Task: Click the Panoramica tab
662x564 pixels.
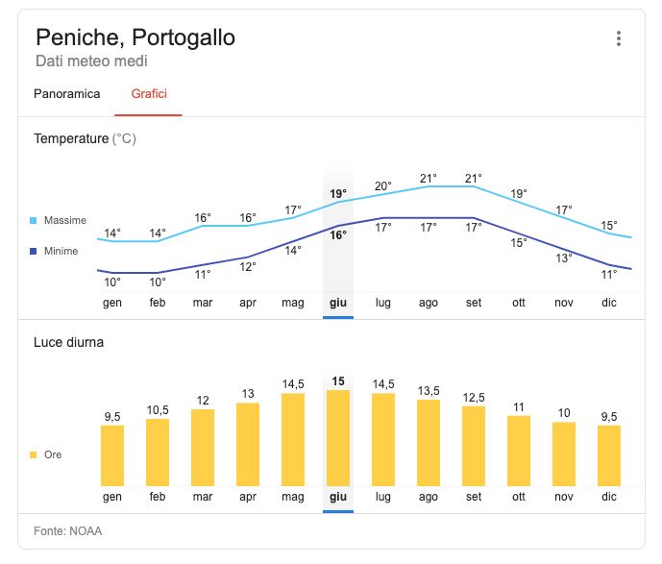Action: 66,94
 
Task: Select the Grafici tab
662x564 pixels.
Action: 148,94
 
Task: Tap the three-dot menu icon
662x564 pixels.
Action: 619,39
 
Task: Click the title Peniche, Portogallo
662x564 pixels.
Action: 135,38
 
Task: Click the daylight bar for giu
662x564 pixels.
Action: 338,438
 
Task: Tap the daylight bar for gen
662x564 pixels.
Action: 112,455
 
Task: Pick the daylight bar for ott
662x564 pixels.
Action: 519,451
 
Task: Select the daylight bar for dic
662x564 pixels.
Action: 609,455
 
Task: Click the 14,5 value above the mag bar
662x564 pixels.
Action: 293,383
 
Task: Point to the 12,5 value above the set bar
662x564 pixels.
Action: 474,397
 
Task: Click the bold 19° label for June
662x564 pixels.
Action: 338,194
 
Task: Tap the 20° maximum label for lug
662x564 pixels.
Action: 383,186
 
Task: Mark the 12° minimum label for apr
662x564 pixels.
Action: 248,267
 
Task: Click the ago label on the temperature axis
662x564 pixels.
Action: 429,303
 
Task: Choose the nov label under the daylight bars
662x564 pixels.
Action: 564,497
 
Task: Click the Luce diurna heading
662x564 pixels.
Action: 68,342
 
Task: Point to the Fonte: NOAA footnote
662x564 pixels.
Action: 67,530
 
